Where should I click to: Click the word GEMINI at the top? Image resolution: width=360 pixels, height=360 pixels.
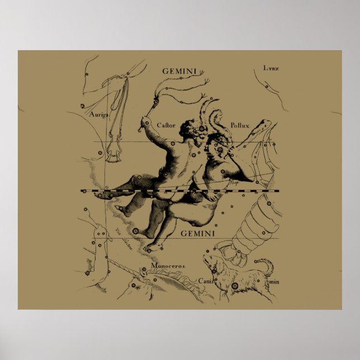179,71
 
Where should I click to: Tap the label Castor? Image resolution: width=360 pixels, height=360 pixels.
166,125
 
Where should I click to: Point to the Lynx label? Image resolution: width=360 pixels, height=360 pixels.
271,68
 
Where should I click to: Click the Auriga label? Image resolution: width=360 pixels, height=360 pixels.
98,114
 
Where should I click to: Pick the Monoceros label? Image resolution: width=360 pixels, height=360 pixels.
171,267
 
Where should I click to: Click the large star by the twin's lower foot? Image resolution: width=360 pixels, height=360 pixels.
135,230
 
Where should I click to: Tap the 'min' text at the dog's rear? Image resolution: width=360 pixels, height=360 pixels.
273,282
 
